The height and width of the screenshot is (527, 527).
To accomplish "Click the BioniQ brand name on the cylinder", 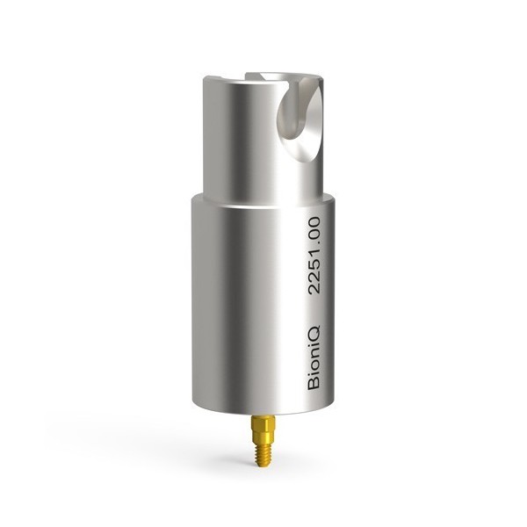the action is coord(314,357).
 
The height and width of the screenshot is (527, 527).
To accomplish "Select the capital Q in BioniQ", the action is coord(314,331).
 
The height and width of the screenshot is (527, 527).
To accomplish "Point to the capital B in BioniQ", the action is coord(314,385).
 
